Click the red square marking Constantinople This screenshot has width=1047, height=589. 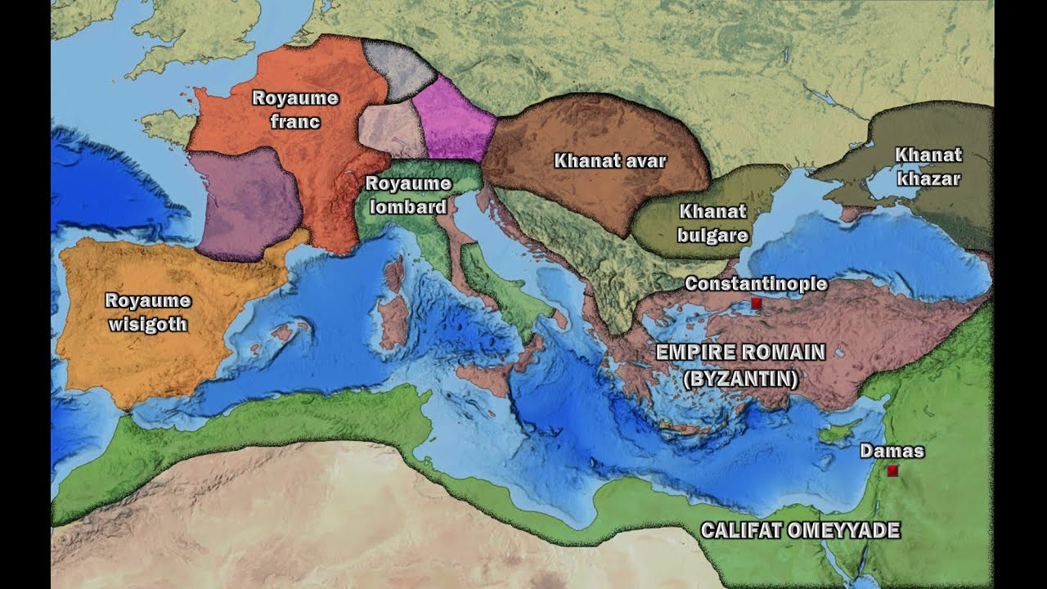pyautogui.click(x=757, y=303)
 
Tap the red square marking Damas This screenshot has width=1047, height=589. pyautogui.click(x=892, y=470)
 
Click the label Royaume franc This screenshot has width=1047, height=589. pyautogui.click(x=294, y=110)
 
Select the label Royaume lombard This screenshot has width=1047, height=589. pyautogui.click(x=408, y=195)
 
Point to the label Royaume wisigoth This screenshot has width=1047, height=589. pyautogui.click(x=148, y=312)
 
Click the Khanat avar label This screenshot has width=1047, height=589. pyautogui.click(x=610, y=160)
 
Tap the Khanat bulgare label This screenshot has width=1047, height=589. pyautogui.click(x=713, y=223)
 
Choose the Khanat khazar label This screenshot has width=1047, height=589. pyautogui.click(x=928, y=166)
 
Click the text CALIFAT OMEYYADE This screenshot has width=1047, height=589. pyautogui.click(x=800, y=530)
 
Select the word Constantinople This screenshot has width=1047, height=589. pyautogui.click(x=756, y=284)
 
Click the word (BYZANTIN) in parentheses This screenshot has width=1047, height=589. pyautogui.click(x=741, y=379)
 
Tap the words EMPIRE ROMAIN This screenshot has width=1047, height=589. pyautogui.click(x=741, y=353)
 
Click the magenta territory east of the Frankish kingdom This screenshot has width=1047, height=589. pyautogui.click(x=452, y=121)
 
